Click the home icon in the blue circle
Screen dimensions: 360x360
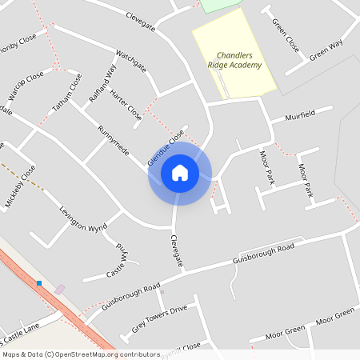[x=179, y=172]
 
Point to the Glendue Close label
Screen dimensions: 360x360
[x=166, y=149]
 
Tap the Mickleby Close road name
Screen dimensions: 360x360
[x=21, y=186]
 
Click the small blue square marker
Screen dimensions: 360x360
[x=38, y=282]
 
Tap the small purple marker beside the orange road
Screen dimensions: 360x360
[x=60, y=289]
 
